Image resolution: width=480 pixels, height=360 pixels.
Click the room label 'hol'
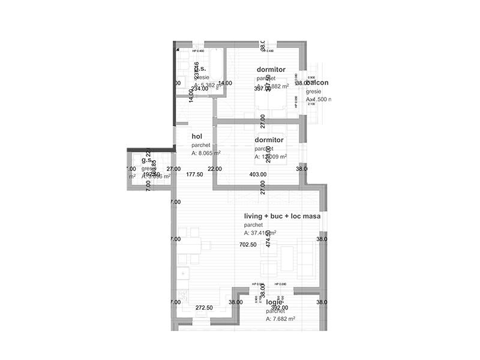point(197,136)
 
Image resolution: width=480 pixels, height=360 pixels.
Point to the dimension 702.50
point(248,245)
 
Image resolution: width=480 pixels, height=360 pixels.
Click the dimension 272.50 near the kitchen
point(204,308)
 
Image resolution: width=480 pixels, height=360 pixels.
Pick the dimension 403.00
point(257,175)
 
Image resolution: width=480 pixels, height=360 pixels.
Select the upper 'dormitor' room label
point(271,70)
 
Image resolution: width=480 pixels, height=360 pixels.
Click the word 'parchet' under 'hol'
point(201,145)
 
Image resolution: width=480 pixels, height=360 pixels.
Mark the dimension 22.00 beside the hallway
point(215,170)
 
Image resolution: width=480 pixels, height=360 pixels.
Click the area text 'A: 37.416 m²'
point(260,233)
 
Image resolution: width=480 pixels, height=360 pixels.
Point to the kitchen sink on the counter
point(181,275)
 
